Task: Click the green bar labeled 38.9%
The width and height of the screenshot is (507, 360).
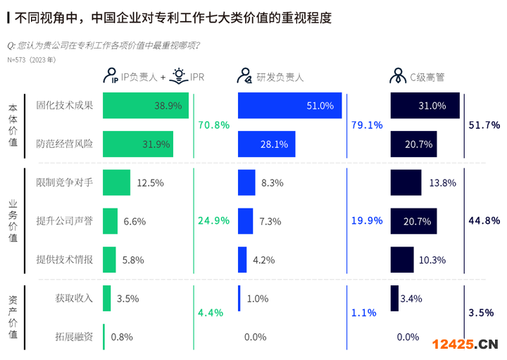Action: pos(145,106)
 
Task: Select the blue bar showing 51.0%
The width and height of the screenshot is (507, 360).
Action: pos(290,106)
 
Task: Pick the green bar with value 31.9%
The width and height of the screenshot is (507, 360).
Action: pos(138,144)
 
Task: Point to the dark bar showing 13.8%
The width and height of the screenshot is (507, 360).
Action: pos(406,182)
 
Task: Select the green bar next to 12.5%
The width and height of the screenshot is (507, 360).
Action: pos(116,182)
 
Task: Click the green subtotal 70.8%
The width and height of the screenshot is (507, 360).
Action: pos(214,125)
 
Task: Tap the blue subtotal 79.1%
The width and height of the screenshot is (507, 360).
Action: pos(367,125)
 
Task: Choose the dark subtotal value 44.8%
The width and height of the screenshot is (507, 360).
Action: pos(484,221)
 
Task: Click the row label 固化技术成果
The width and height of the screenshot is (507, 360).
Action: pos(65,106)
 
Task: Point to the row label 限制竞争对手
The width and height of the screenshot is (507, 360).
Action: pos(65,182)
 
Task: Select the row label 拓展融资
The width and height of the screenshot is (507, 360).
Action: pos(74,336)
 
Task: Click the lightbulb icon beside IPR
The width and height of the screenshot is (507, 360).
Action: pos(179,75)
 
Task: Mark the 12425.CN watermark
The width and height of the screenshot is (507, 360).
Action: pos(465,344)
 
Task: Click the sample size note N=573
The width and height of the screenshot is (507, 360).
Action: pos(32,60)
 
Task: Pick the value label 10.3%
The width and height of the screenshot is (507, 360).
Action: pos(432,259)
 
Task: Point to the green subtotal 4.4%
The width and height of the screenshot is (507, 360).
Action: pos(211,312)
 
